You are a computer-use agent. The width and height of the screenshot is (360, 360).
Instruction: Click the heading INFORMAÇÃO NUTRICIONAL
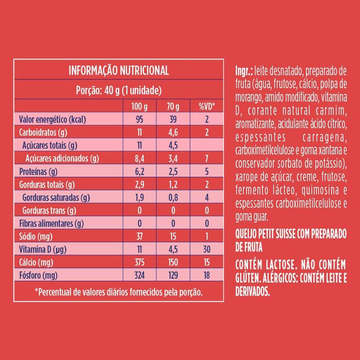point(118,71)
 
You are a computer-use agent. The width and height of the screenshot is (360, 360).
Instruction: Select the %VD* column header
point(207,107)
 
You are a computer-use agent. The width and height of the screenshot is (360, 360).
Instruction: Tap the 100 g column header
point(139,107)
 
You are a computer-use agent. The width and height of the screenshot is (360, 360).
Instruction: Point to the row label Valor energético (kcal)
point(53,120)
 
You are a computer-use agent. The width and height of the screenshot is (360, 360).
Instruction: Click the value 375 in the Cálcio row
point(139,262)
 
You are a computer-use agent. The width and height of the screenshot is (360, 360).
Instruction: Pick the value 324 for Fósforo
point(139,274)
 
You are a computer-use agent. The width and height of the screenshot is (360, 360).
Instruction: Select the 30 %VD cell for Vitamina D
point(207,249)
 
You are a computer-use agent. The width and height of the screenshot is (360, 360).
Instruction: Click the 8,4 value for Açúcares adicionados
point(139,158)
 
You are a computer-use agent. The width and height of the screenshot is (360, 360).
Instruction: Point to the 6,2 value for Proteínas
point(139,171)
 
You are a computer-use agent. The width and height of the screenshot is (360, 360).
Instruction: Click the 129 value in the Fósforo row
point(173,274)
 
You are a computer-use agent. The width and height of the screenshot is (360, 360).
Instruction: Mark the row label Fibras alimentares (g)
point(51,223)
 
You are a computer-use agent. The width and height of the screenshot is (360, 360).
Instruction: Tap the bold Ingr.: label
point(244,72)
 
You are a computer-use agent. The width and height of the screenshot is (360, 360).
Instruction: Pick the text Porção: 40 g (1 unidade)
point(118,90)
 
